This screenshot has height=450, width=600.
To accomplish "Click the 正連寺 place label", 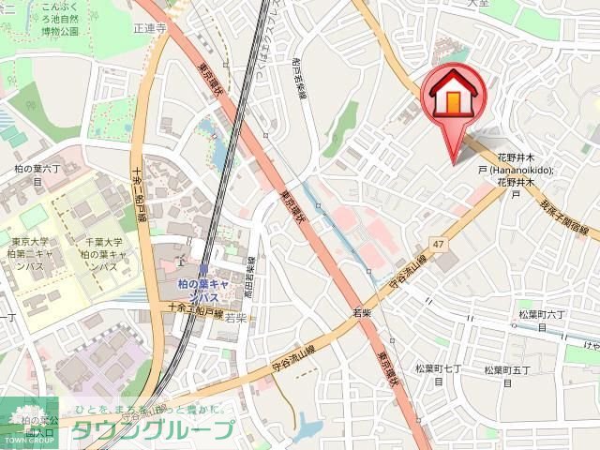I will click(148, 29).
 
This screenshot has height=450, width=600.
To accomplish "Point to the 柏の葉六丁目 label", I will click(37, 173).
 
